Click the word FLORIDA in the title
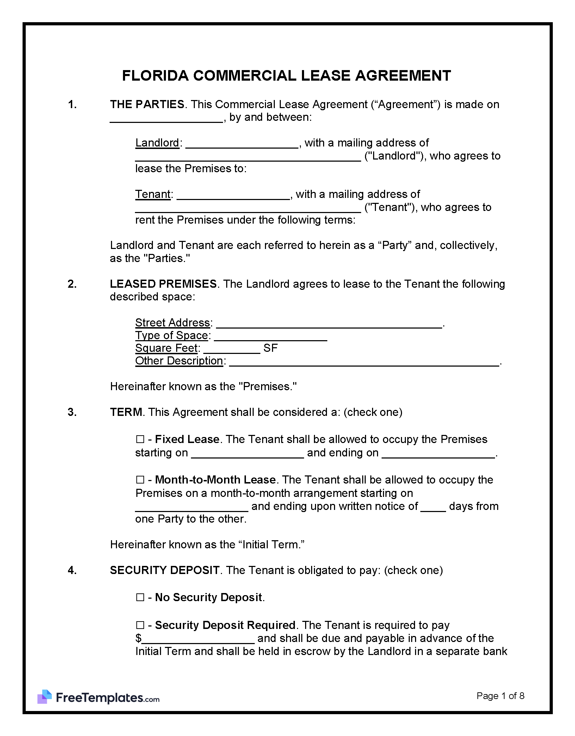click(155, 76)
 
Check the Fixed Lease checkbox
click(140, 439)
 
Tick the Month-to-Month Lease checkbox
click(140, 480)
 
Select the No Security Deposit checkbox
click(140, 598)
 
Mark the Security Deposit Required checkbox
click(140, 625)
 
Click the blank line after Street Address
click(329, 324)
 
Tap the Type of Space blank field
click(271, 336)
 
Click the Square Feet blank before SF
click(231, 349)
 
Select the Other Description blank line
click(364, 362)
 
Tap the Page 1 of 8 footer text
click(500, 696)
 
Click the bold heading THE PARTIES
click(147, 105)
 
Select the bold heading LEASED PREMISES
click(163, 284)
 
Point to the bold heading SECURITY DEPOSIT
click(165, 570)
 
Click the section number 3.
click(72, 412)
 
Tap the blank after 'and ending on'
click(438, 454)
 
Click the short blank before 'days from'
click(433, 507)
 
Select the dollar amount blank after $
click(198, 639)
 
